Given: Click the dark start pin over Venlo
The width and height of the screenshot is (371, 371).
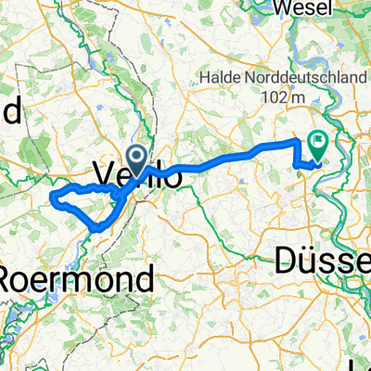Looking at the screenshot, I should click(135, 160).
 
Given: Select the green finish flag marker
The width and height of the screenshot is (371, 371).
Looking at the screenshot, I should click(318, 144).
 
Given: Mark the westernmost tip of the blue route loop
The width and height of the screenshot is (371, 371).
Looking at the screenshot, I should click(51, 198).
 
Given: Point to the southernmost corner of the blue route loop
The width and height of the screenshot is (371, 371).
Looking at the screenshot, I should click(96, 227).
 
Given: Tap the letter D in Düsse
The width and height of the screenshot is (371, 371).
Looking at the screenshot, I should click(287, 262).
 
